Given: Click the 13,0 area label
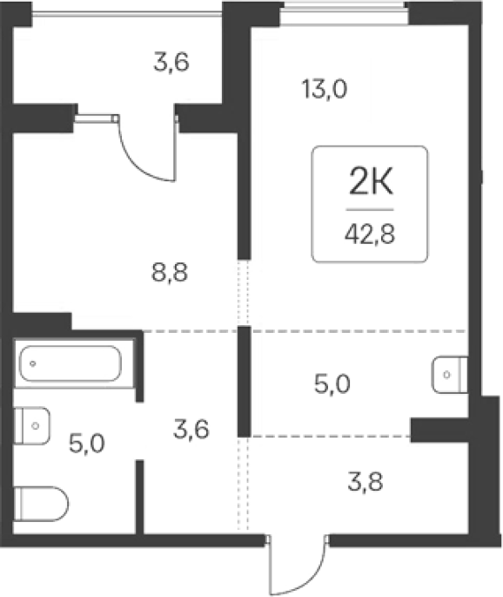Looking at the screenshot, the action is pyautogui.click(x=325, y=90).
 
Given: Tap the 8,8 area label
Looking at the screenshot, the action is pyautogui.click(x=170, y=273).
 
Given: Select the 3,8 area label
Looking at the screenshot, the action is pyautogui.click(x=366, y=482).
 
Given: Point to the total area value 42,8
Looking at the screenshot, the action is pyautogui.click(x=370, y=234).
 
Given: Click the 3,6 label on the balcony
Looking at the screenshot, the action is pyautogui.click(x=171, y=62).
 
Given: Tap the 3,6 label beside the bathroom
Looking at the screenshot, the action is pyautogui.click(x=191, y=429).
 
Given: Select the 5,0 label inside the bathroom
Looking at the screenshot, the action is pyautogui.click(x=87, y=444).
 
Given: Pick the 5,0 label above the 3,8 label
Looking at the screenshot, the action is pyautogui.click(x=332, y=383).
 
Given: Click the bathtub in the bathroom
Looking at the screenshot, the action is pyautogui.click(x=70, y=363).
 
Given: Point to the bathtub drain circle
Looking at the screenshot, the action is pyautogui.click(x=33, y=363).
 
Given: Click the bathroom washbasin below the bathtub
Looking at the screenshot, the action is pyautogui.click(x=32, y=425).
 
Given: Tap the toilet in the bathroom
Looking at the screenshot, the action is pyautogui.click(x=41, y=504).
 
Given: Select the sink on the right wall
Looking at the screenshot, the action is pyautogui.click(x=450, y=375).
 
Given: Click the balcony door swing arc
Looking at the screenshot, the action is pyautogui.click(x=142, y=159).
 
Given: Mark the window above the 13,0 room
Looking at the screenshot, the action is pyautogui.click(x=344, y=13).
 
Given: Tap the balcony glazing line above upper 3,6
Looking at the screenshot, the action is pyautogui.click(x=126, y=14).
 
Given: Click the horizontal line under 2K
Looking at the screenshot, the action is pyautogui.click(x=370, y=209).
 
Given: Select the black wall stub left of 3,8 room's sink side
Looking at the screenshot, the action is pyautogui.click(x=439, y=431).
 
